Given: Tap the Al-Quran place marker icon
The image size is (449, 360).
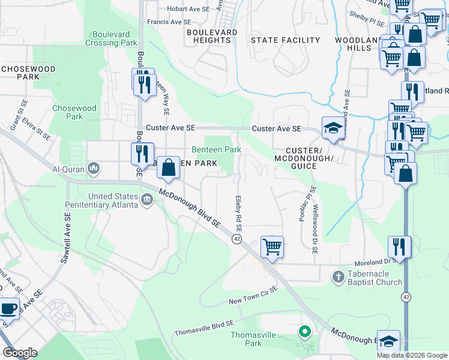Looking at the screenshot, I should click(x=94, y=169).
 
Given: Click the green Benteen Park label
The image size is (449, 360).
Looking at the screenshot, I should click(x=216, y=149).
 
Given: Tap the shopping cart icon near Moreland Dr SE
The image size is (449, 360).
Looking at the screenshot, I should click(x=273, y=246).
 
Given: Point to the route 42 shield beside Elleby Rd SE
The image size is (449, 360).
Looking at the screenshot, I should click(x=237, y=239).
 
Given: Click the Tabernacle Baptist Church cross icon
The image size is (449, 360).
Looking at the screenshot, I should click(x=339, y=277).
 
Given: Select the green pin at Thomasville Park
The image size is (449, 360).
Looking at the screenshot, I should click(x=305, y=331).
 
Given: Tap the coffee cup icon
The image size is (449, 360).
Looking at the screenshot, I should click(x=8, y=309).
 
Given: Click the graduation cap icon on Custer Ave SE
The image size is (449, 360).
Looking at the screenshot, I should click(x=333, y=128).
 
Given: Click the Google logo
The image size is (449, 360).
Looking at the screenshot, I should click(x=20, y=353).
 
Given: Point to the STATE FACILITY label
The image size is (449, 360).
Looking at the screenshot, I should click(x=285, y=40).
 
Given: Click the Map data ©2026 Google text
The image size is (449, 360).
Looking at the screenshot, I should click(x=411, y=355).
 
